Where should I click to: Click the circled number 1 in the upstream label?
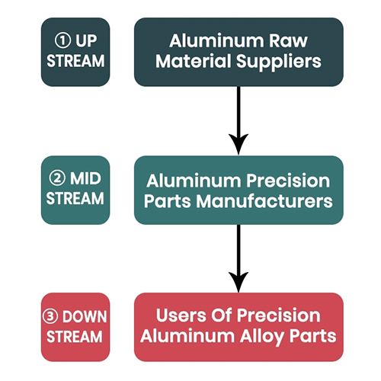(x=62, y=40)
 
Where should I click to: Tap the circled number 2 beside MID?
(x=57, y=178)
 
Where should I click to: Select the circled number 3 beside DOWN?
(x=50, y=316)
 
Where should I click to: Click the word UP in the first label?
(x=86, y=40)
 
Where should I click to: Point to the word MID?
(x=85, y=178)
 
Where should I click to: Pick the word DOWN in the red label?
(x=85, y=317)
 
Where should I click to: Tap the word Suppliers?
(x=279, y=62)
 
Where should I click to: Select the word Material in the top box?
(x=194, y=61)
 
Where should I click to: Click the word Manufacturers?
(x=264, y=201)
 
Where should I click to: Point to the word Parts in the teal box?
(x=168, y=201)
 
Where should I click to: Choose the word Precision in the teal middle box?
(x=288, y=181)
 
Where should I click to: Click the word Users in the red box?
(x=181, y=315)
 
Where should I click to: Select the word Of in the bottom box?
(x=222, y=315)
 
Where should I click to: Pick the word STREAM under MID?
(x=75, y=198)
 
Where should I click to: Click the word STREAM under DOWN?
(x=75, y=337)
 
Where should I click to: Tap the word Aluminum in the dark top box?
(x=216, y=40)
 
